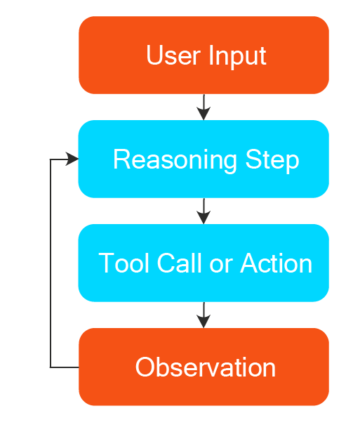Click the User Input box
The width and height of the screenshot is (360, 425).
click(x=204, y=55)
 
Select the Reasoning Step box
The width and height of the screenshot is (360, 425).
click(x=204, y=159)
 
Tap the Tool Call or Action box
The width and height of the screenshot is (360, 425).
click(x=204, y=263)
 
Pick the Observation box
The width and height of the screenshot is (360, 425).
click(x=204, y=367)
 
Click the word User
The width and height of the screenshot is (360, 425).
click(x=173, y=55)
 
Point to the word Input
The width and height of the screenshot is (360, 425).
click(x=237, y=57)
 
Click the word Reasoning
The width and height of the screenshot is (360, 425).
click(x=175, y=160)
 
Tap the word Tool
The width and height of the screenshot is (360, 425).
click(x=124, y=263)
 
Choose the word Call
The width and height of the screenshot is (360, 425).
click(x=180, y=263)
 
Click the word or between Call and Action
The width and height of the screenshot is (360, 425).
click(x=221, y=265)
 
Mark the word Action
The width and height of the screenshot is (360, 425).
click(x=276, y=263)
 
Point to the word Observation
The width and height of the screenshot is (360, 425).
click(x=206, y=367)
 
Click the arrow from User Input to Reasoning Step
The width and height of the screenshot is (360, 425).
click(x=204, y=107)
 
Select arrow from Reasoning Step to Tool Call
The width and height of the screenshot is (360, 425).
click(x=204, y=211)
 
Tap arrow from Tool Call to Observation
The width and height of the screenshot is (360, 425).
click(x=204, y=315)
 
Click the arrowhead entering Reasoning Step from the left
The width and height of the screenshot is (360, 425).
click(x=72, y=159)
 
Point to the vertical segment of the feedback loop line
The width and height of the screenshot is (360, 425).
click(x=51, y=263)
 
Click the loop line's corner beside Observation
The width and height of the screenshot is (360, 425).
click(x=51, y=367)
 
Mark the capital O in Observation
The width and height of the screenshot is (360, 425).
click(x=145, y=367)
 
